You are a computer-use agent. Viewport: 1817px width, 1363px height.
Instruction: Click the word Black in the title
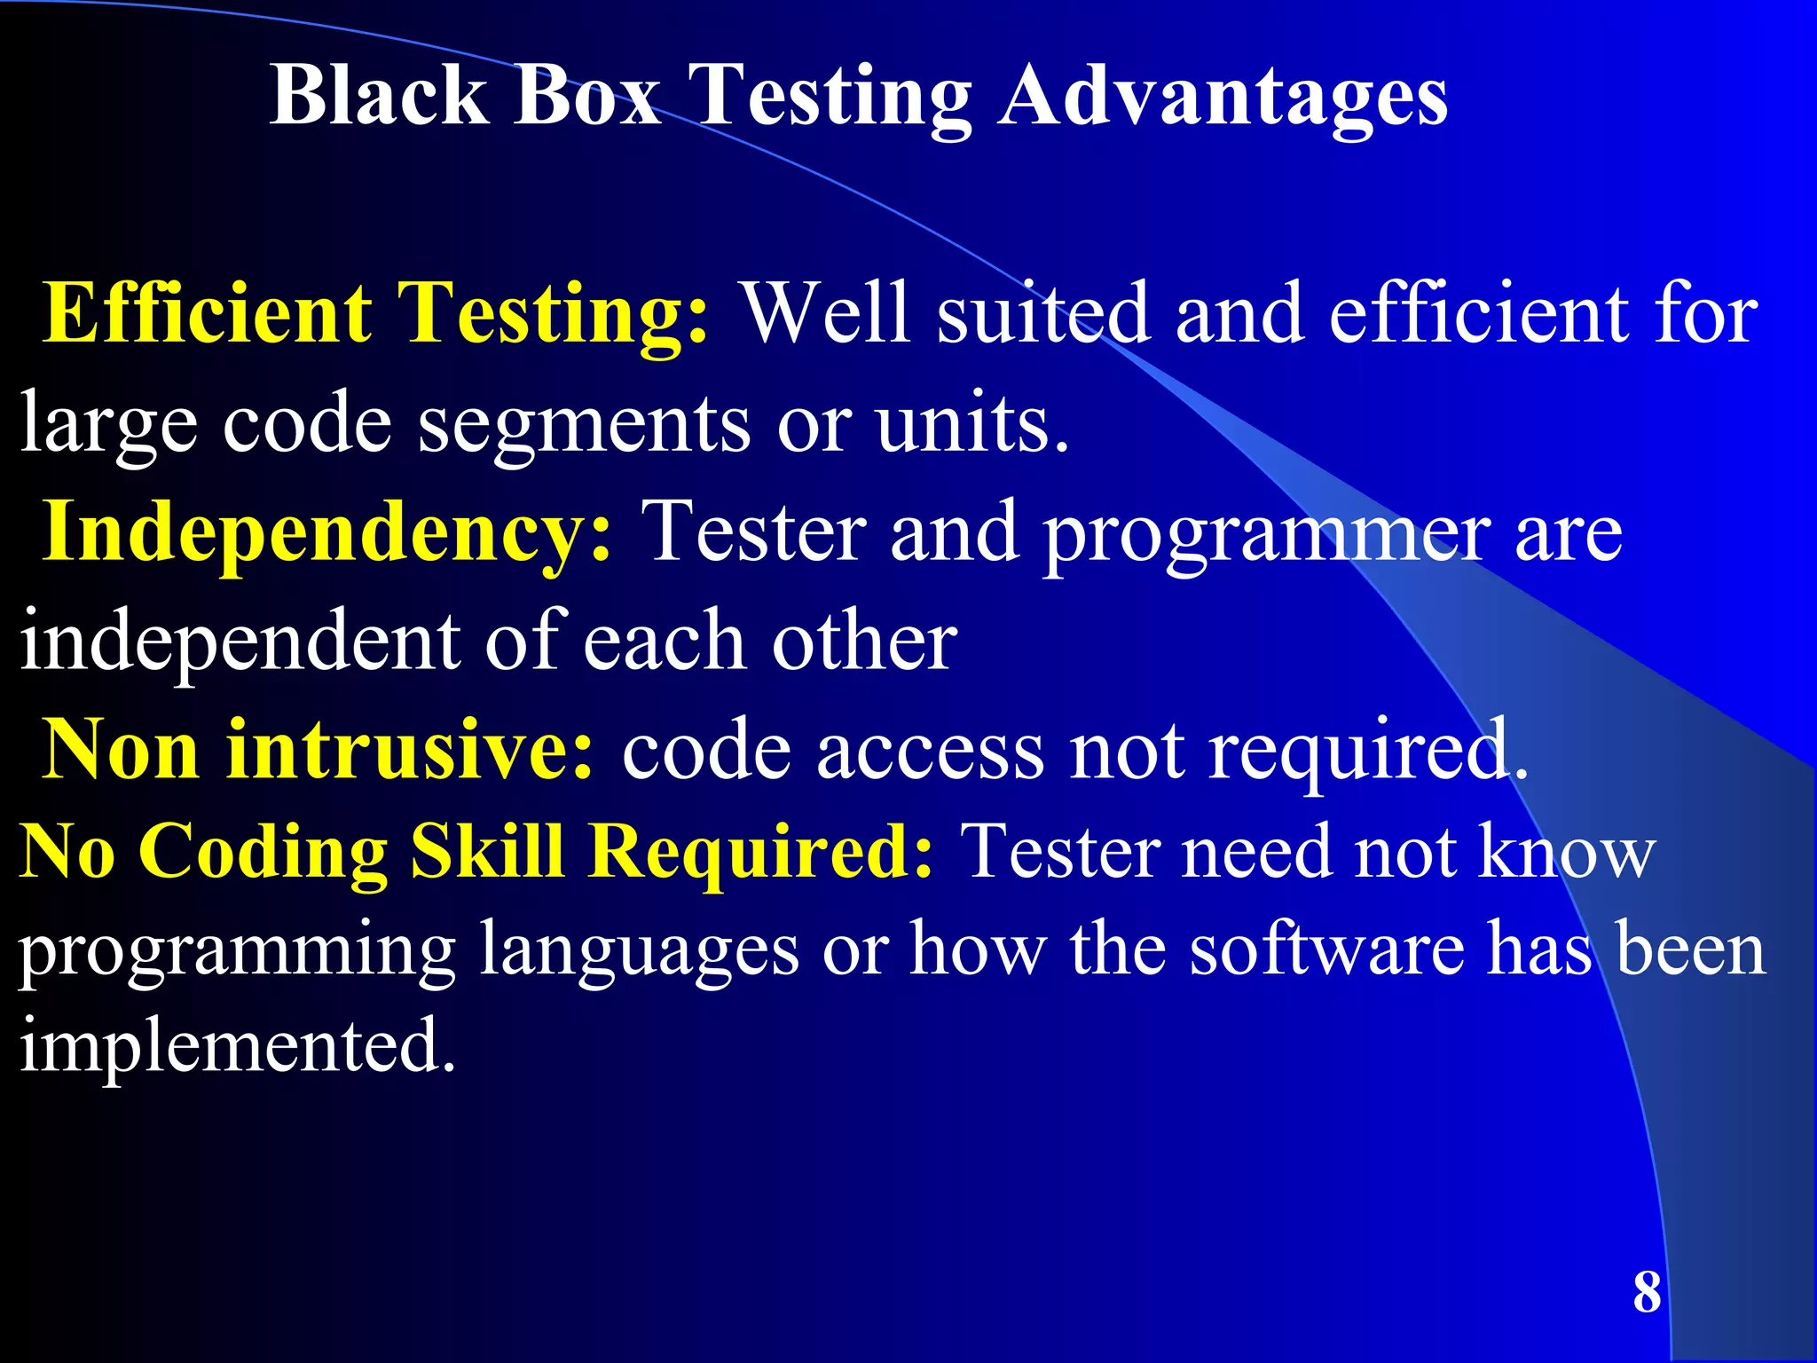(379, 95)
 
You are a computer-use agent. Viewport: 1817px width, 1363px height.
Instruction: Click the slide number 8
(1647, 1293)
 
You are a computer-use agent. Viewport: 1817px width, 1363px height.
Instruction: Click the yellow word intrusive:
(409, 750)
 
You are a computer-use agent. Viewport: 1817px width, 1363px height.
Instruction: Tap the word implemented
(238, 1045)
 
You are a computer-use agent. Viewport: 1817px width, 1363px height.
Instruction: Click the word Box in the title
(586, 95)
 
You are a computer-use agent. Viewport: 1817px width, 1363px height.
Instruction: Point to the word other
(864, 641)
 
